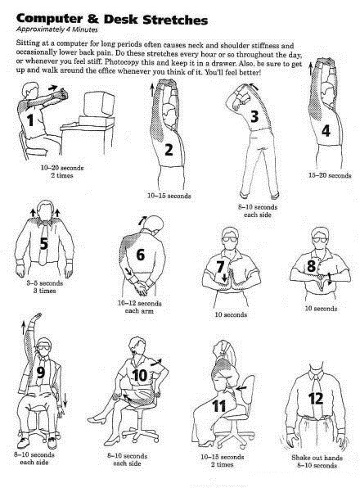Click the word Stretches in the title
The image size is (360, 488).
click(175, 20)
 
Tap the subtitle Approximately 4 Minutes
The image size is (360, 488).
click(57, 29)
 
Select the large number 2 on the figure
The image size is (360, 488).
click(169, 149)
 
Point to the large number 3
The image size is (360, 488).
click(254, 116)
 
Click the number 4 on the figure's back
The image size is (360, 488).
click(326, 130)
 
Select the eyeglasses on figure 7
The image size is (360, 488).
click(230, 239)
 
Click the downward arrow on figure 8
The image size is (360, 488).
click(329, 278)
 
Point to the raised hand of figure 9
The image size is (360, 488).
click(36, 318)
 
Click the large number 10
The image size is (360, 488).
click(139, 375)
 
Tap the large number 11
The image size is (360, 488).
click(218, 406)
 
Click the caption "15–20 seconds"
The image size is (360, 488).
click(330, 175)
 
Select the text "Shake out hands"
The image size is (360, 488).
click(317, 458)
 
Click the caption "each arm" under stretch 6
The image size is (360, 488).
click(139, 311)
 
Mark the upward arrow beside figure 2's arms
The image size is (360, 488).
click(152, 90)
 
